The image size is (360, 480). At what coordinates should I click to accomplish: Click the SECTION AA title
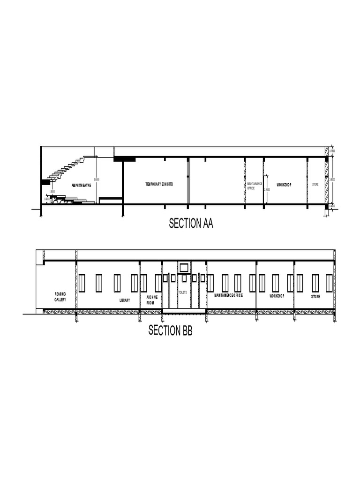tap(191, 224)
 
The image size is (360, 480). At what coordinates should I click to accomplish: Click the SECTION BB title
tap(170, 330)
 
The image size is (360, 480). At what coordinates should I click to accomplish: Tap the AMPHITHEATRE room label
tap(84, 185)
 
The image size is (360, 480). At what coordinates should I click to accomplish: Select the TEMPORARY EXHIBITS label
tap(159, 184)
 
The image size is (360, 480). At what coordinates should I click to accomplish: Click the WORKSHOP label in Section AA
tap(284, 185)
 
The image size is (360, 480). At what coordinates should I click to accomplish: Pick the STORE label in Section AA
tap(315, 185)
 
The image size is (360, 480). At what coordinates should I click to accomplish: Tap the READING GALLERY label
tap(60, 296)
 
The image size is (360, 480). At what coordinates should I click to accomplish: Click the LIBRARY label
tap(124, 300)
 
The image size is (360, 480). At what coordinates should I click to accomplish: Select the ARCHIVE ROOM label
tap(152, 300)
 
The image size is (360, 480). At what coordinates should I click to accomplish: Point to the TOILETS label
tap(183, 292)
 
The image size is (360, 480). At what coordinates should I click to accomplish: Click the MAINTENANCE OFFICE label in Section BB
tap(228, 295)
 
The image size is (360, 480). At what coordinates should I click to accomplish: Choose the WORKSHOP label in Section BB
tap(277, 297)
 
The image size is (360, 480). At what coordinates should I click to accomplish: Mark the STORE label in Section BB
tap(315, 297)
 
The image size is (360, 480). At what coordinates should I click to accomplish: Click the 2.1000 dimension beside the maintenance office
tap(267, 189)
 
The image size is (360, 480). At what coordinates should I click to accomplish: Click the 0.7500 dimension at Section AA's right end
tap(332, 151)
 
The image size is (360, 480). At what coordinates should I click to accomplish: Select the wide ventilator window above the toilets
tap(184, 268)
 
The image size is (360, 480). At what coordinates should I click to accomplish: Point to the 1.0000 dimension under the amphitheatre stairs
tap(52, 191)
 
